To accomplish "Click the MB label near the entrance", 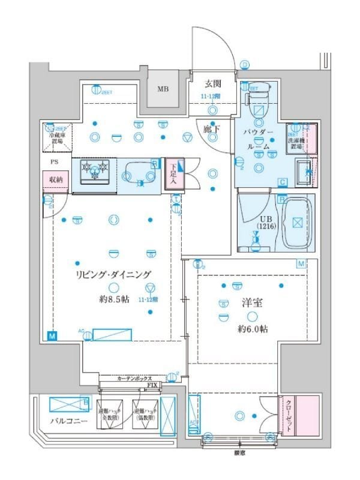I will point(163,90).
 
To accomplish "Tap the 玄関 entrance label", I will point(212,84).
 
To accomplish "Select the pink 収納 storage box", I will point(55,179).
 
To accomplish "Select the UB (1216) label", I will point(264,221).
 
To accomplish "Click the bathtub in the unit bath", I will point(297,223).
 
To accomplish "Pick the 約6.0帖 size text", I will point(251,329).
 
